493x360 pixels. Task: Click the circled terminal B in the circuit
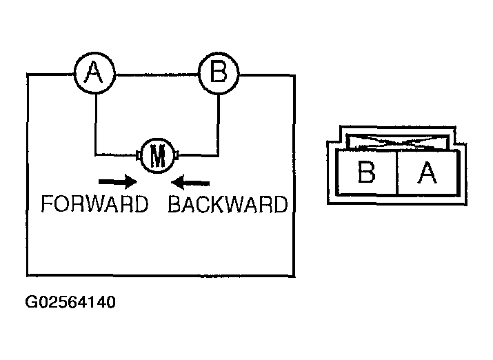[218, 72]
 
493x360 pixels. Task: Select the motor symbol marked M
[158, 156]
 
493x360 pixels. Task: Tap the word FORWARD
[94, 205]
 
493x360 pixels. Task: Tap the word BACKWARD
[228, 205]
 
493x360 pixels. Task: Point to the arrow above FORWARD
[117, 182]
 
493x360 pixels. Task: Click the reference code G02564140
[70, 302]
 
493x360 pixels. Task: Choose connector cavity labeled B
[367, 172]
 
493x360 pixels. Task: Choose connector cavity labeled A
[427, 172]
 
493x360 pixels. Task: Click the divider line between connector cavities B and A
[397, 172]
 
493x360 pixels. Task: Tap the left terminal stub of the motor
[139, 155]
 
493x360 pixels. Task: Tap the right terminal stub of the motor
[178, 155]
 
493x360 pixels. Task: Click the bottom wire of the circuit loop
[161, 275]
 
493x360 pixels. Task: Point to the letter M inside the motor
[158, 157]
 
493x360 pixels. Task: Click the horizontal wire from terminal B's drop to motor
[200, 154]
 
